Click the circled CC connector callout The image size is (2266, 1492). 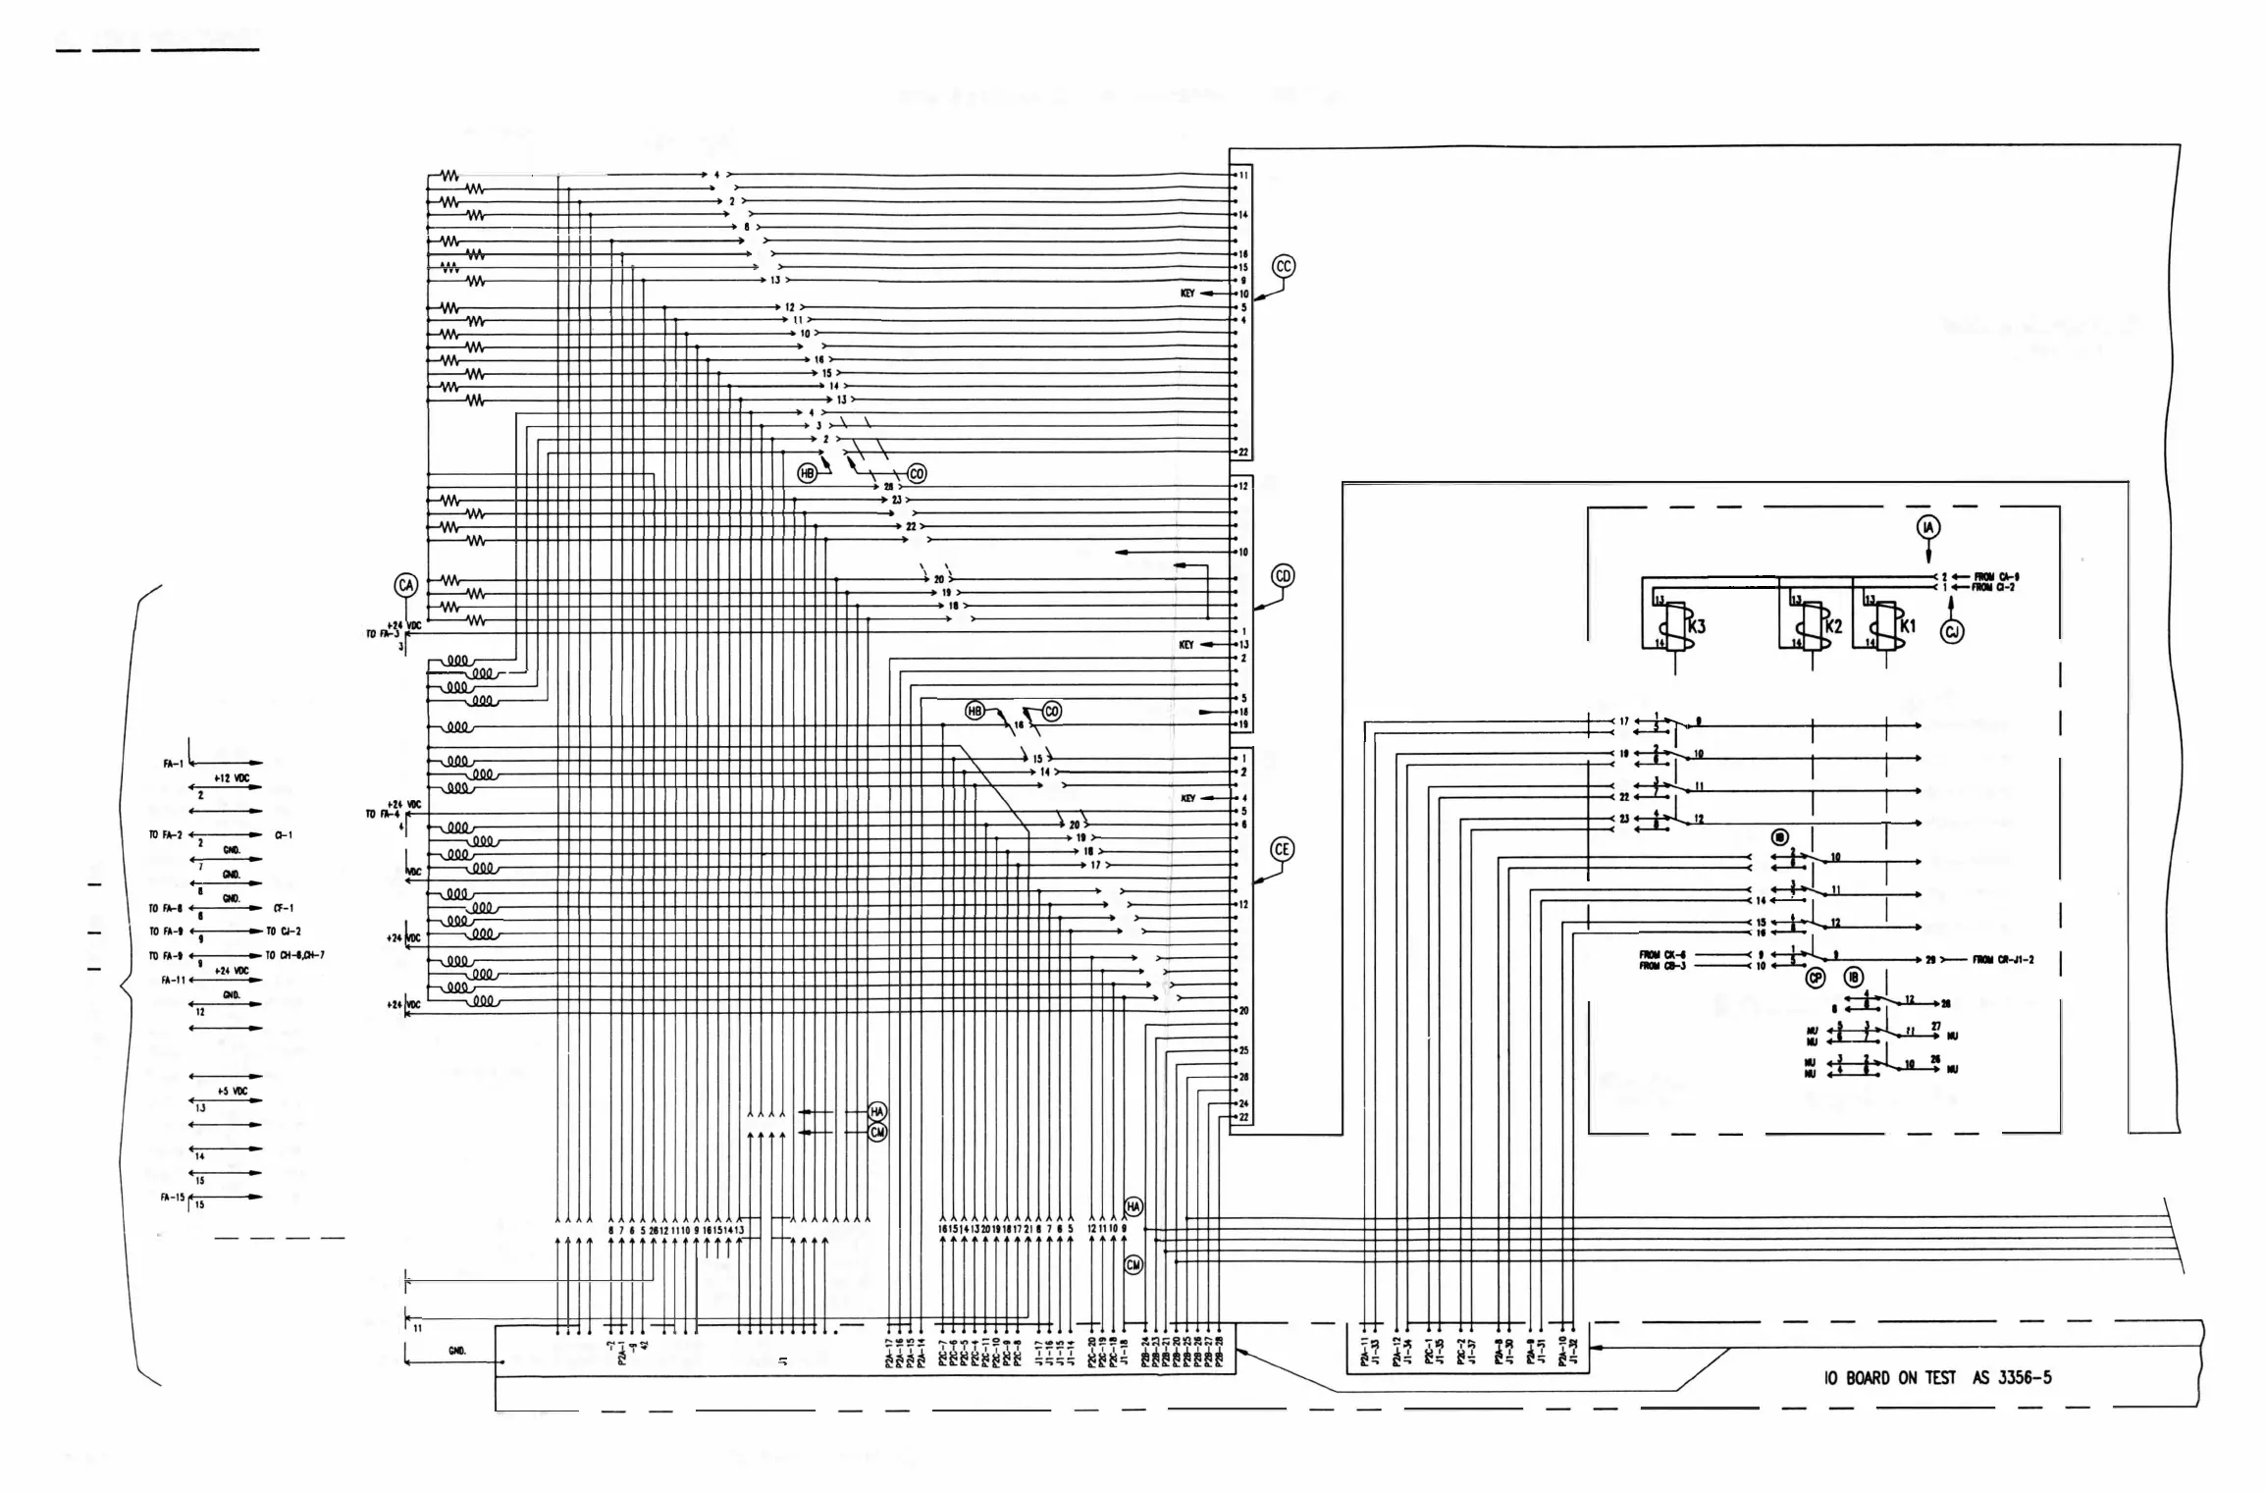tap(1283, 266)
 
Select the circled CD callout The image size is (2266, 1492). tap(1283, 576)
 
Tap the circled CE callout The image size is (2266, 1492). tap(1282, 850)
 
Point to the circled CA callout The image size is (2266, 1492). tap(406, 586)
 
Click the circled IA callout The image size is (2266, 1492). tap(1928, 528)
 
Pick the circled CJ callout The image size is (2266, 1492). tap(1952, 632)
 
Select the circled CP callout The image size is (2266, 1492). tap(1816, 978)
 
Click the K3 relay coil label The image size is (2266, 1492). tap(1698, 625)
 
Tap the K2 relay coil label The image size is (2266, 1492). tap(1833, 625)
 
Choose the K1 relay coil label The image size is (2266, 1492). tap(1908, 625)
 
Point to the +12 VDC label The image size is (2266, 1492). tap(232, 778)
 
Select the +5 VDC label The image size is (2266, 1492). tap(233, 1092)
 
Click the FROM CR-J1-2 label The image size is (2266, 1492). tap(2003, 959)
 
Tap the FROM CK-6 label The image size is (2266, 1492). tap(1662, 954)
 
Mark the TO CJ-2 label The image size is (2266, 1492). tap(284, 931)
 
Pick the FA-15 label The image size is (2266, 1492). tap(173, 1198)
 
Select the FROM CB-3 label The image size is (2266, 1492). tap(1662, 966)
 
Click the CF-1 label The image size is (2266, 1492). tap(284, 908)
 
